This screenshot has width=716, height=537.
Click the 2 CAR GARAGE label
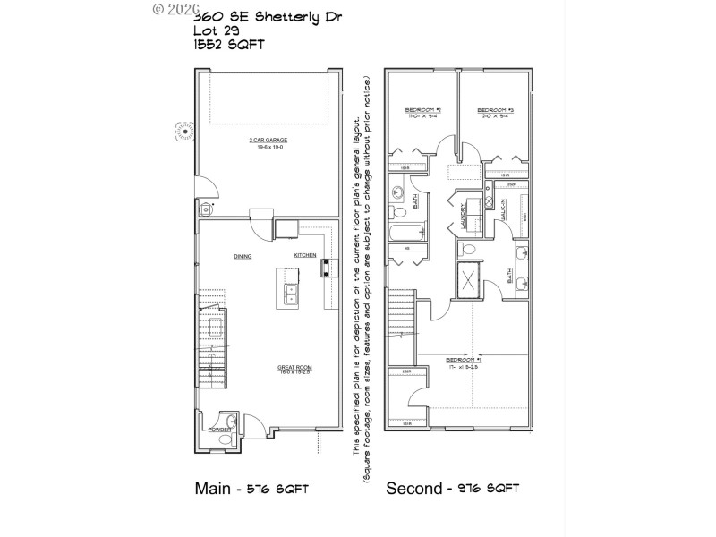(x=268, y=141)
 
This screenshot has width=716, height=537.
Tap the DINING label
(x=243, y=256)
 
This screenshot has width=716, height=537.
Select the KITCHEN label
(x=305, y=256)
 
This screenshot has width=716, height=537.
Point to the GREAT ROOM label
(x=294, y=367)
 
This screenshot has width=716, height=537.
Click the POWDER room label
(x=219, y=430)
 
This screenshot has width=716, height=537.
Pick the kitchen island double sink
(x=292, y=293)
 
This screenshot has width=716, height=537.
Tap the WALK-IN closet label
(x=506, y=211)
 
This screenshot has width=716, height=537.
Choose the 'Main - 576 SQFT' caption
(x=251, y=489)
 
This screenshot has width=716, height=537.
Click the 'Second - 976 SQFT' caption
(x=452, y=489)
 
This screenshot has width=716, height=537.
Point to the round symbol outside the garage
(x=186, y=132)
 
